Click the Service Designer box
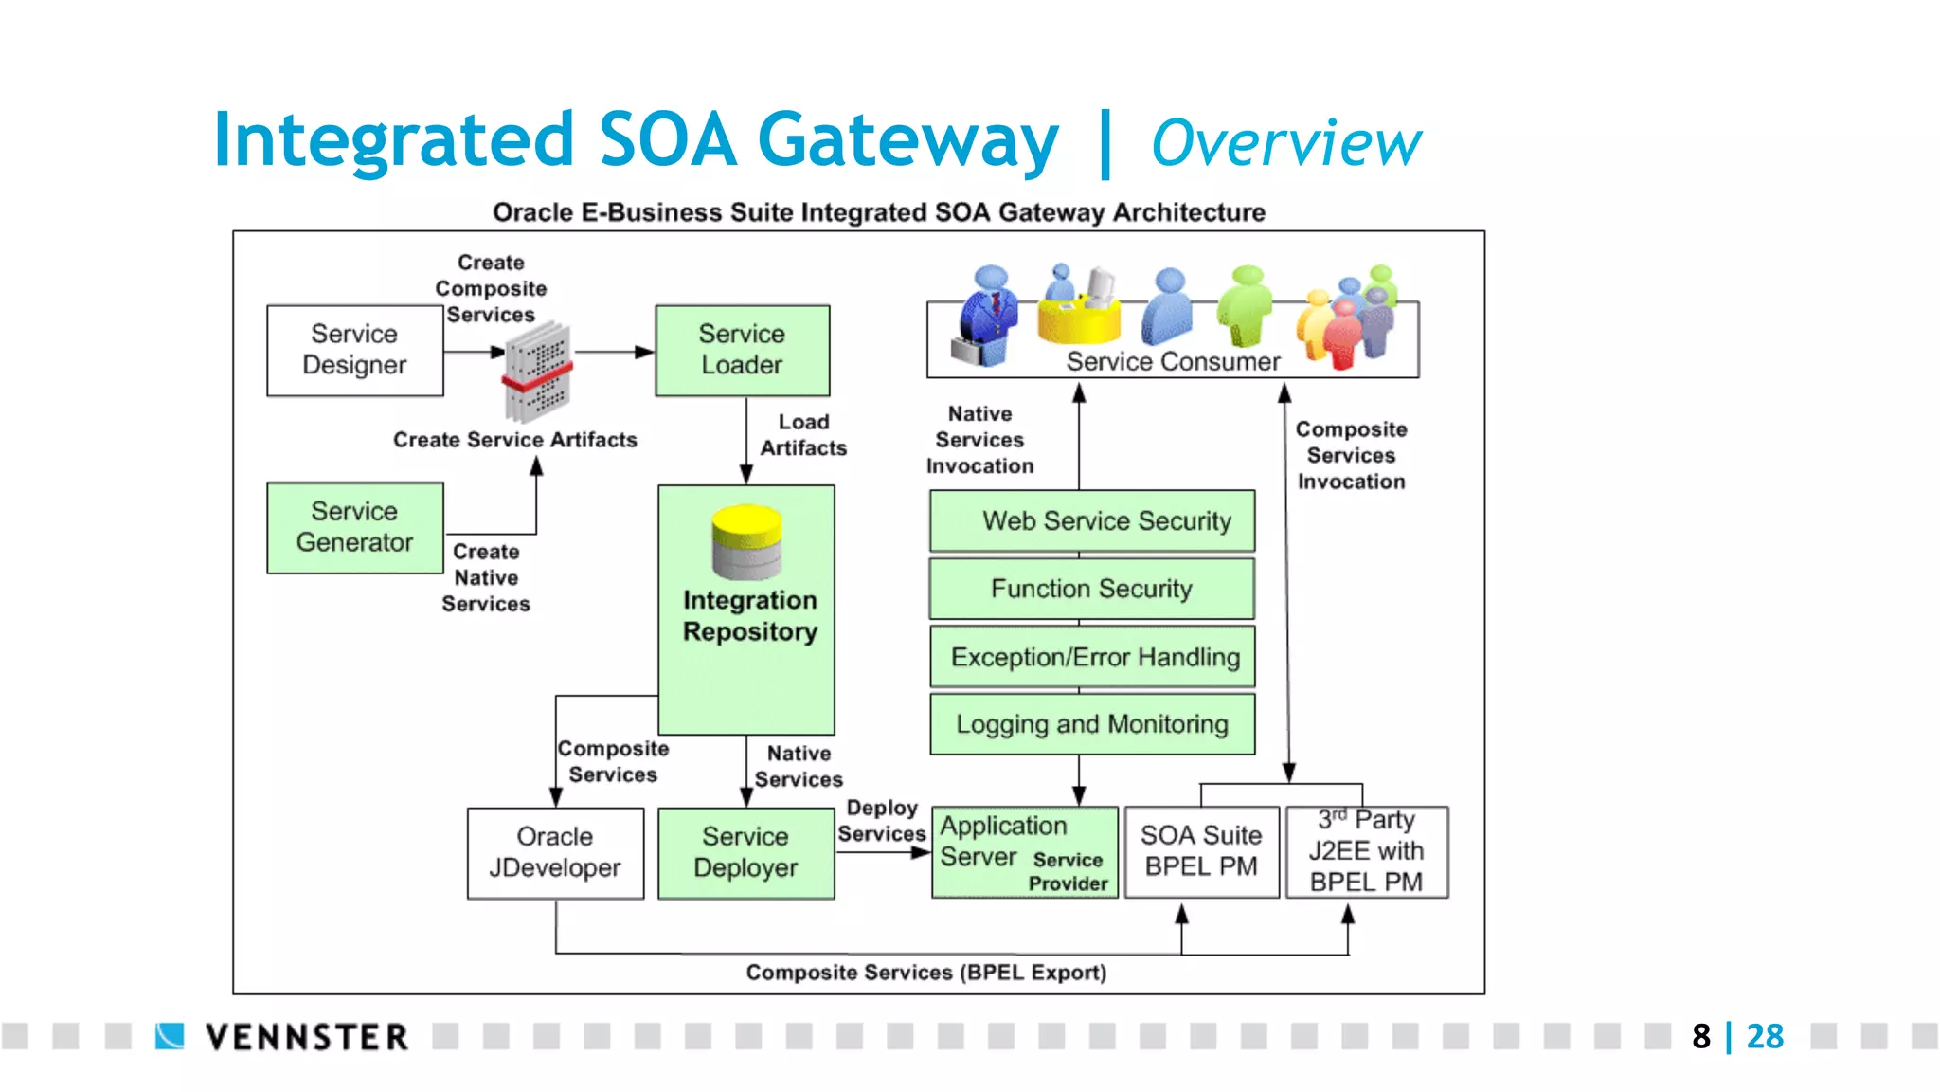coord(354,350)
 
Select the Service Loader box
coord(742,350)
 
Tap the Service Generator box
coord(354,527)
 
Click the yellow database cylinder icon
coord(746,541)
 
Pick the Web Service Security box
coord(1092,520)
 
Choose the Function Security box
coord(1092,589)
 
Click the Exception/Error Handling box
coord(1092,657)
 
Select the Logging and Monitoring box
coord(1092,724)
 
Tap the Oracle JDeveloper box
coord(555,852)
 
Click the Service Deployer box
coord(745,852)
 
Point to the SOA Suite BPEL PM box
coord(1201,851)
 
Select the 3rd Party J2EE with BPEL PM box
coord(1366,851)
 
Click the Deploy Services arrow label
coord(881,821)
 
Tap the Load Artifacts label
coord(803,435)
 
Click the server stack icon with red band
coord(537,373)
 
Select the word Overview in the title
coord(1285,143)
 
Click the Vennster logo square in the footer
coord(170,1036)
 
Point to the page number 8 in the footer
coord(1701,1036)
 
